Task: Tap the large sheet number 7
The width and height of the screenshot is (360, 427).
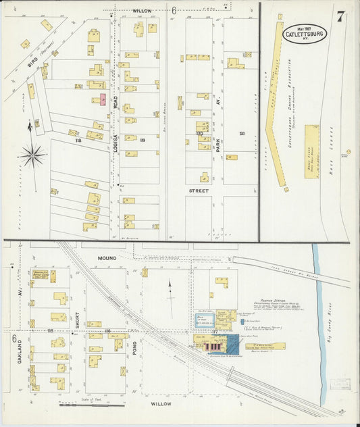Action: coord(341,16)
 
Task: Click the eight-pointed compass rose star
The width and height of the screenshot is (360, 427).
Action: coord(32,155)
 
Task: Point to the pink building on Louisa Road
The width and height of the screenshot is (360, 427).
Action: coord(103,100)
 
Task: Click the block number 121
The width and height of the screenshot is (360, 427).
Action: coord(241,134)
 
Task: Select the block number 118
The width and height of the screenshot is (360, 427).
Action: coord(78,141)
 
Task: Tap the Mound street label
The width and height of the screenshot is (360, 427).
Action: coord(107,258)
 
